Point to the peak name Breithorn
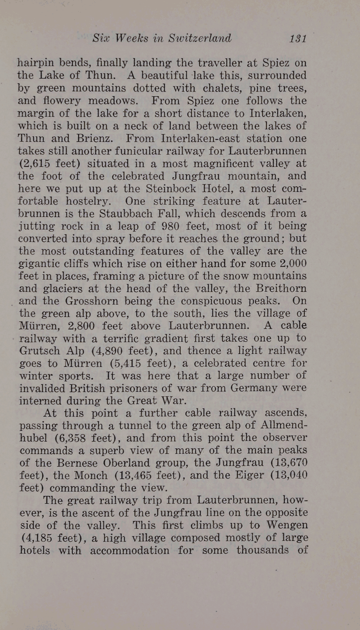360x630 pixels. coord(281,288)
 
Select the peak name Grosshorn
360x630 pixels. coord(92,301)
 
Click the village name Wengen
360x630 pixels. coord(287,525)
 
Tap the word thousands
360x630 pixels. coord(263,550)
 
